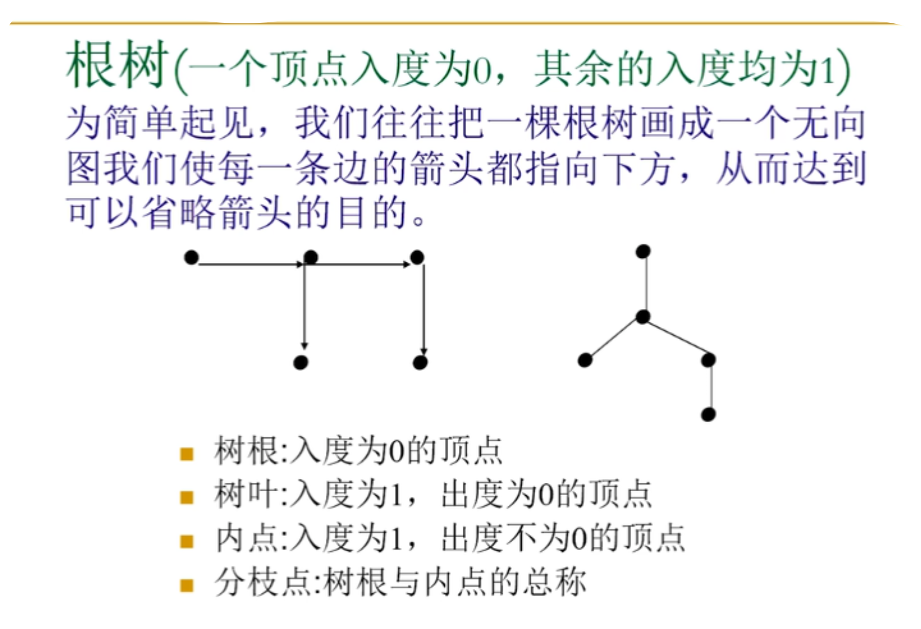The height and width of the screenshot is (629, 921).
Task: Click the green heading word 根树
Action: click(x=117, y=65)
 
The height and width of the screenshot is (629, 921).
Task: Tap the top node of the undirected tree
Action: click(x=643, y=252)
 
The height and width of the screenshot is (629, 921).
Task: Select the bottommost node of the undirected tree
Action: click(x=708, y=415)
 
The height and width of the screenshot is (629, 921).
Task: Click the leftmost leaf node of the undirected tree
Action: click(x=585, y=360)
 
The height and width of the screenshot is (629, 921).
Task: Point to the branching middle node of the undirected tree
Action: click(x=643, y=317)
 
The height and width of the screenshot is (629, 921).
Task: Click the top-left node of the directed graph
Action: click(x=191, y=257)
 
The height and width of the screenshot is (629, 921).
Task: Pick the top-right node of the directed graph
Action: click(x=417, y=257)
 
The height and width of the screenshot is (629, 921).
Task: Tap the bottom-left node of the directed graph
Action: click(x=301, y=363)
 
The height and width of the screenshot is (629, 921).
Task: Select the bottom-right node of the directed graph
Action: click(x=420, y=363)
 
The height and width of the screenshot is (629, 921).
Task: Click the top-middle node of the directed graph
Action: click(x=311, y=257)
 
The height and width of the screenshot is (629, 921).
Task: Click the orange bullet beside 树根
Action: click(x=187, y=455)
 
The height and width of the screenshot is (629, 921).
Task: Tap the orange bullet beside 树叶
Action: click(x=187, y=497)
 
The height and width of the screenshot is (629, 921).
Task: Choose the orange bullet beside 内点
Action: click(x=187, y=541)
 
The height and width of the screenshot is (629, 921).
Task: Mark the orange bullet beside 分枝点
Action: click(x=187, y=585)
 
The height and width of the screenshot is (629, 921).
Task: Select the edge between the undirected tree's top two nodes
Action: click(x=643, y=284)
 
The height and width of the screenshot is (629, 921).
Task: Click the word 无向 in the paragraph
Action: click(x=829, y=123)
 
